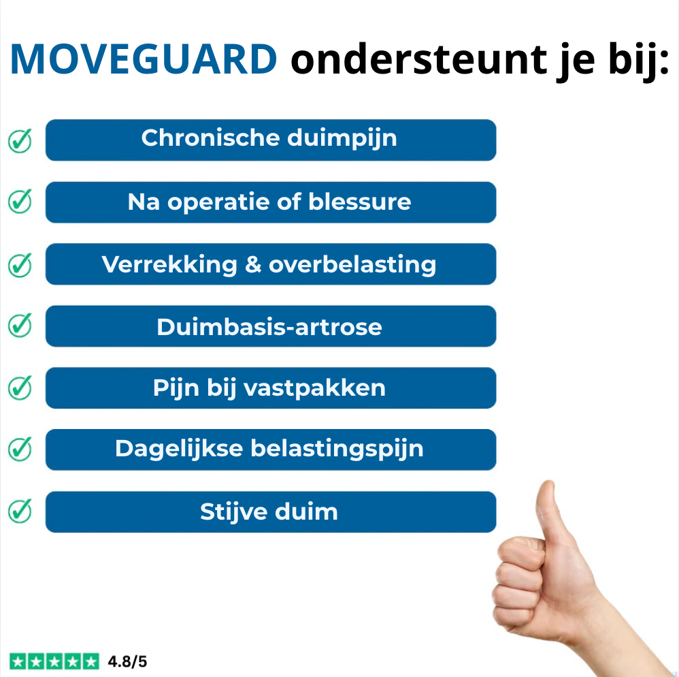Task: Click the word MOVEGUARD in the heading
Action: [143, 60]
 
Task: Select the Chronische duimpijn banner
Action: [270, 140]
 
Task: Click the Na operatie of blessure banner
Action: [270, 202]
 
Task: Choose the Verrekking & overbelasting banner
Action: [270, 264]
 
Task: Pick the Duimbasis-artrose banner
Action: [270, 326]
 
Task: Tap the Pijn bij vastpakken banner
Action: [270, 388]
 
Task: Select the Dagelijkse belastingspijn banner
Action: [270, 450]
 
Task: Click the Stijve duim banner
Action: [270, 511]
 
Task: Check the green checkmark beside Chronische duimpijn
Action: [20, 140]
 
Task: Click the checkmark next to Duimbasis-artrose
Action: [20, 326]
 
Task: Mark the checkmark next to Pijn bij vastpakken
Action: [20, 388]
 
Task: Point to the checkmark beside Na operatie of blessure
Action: [20, 202]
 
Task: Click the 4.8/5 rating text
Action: [127, 661]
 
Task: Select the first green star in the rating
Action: [18, 661]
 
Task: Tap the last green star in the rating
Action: [90, 661]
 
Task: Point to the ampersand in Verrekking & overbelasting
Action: [253, 264]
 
